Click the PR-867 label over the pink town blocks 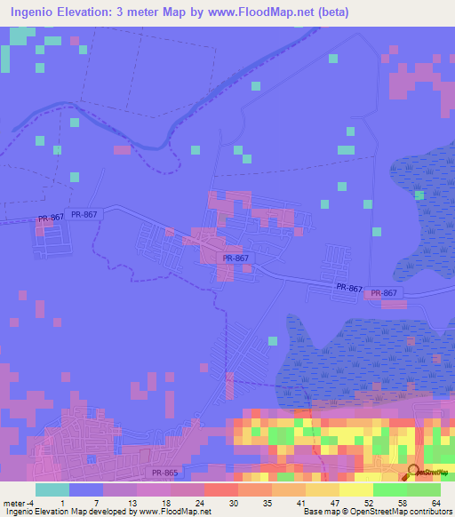[236, 258]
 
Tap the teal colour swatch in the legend [52, 489]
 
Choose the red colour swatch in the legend [220, 489]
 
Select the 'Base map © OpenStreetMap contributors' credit [377, 511]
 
